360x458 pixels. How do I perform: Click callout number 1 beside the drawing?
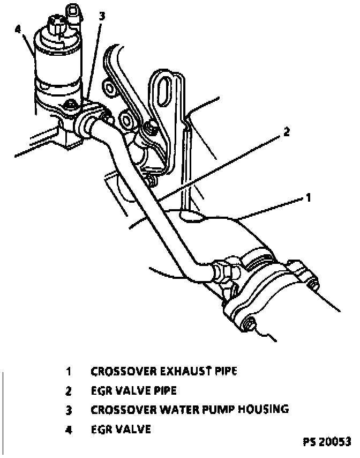(308, 198)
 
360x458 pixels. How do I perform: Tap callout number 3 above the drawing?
(102, 16)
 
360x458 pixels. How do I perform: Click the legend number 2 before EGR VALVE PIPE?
(69, 390)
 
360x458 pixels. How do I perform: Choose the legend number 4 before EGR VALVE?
(69, 429)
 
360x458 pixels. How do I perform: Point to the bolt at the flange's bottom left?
(249, 323)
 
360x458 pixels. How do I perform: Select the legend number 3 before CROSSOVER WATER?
(69, 410)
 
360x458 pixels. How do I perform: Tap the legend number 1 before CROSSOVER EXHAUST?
(69, 371)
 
